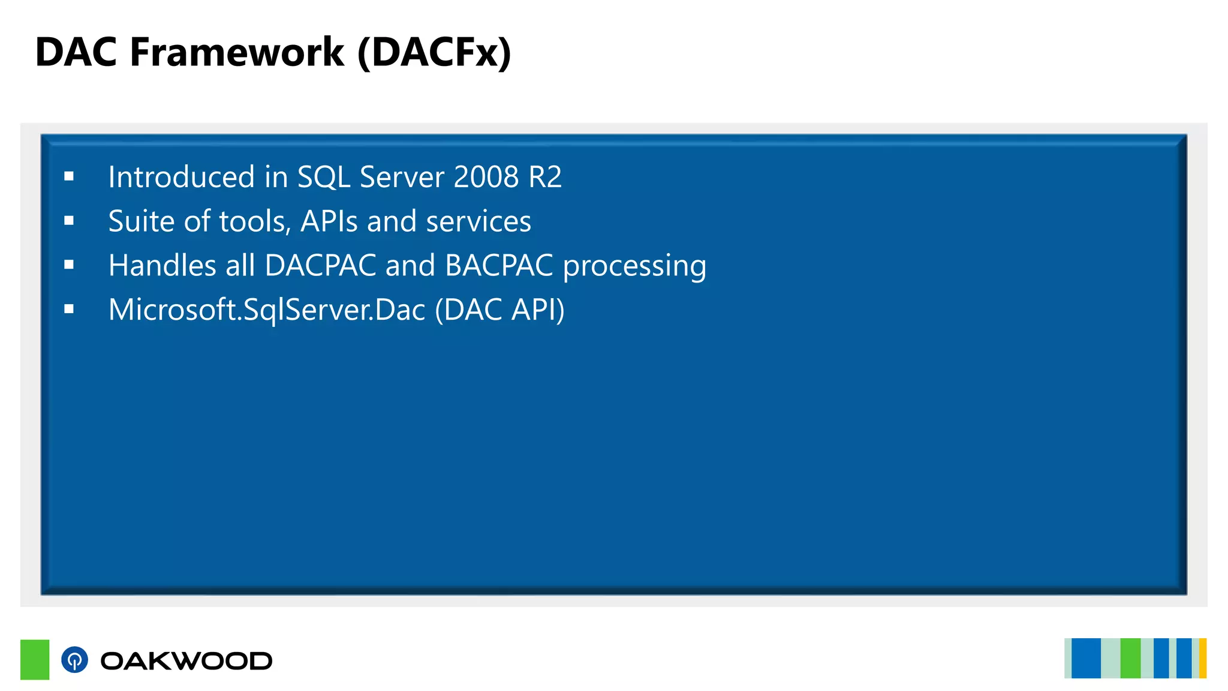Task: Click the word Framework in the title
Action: pos(237,52)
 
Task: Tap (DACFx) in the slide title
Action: pos(434,52)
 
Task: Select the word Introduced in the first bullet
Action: pos(182,177)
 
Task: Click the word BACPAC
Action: pos(499,265)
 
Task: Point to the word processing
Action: pos(634,266)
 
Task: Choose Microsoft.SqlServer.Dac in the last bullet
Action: pos(267,310)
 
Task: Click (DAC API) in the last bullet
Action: pos(499,310)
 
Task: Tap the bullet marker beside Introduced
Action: pos(69,176)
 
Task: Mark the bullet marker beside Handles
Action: pos(69,265)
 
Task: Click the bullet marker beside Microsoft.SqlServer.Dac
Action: pos(69,309)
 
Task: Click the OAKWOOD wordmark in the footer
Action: pos(186,661)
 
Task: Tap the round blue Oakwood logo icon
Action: pos(74,660)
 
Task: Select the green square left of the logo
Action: pos(35,659)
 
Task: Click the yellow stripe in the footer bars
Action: pos(1202,659)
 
